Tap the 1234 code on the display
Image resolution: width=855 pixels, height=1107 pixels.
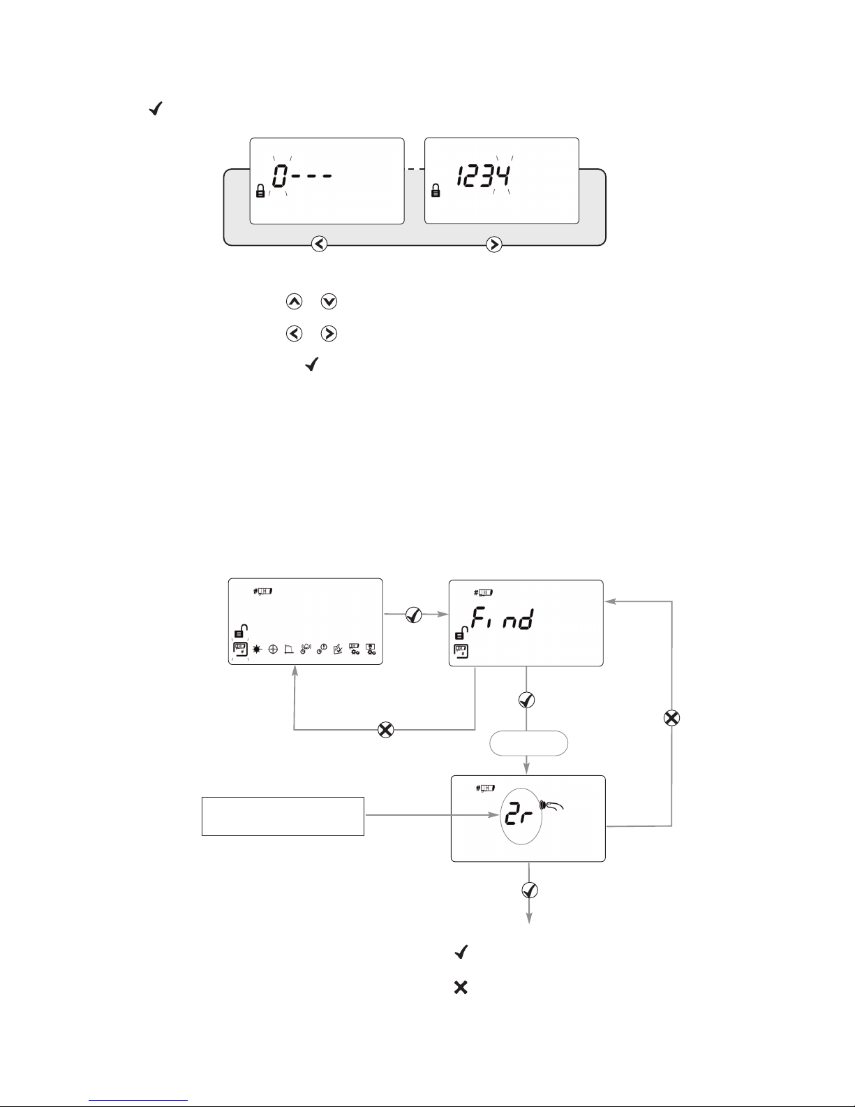coord(484,176)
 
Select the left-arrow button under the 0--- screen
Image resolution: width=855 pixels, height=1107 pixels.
coord(319,244)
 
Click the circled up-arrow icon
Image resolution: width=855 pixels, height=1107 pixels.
coord(294,302)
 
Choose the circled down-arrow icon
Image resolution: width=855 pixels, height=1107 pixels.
coord(329,302)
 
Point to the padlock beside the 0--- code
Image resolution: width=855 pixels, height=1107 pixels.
coord(260,191)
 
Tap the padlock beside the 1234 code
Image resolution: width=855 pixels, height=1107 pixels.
coord(436,191)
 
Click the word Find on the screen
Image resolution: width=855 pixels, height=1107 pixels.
coord(503,618)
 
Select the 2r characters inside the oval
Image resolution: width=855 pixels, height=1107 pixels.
coord(518,816)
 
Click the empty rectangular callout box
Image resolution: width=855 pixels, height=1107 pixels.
coord(283,816)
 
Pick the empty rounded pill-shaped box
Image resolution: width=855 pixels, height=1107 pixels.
coord(529,743)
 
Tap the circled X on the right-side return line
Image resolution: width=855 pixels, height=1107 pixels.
coord(671,718)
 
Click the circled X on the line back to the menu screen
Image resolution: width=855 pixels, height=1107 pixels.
coord(386,730)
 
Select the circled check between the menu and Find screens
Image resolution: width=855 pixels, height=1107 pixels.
coord(414,615)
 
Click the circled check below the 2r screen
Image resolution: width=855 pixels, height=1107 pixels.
coord(530,890)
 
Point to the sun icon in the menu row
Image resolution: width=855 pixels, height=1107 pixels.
coord(257,650)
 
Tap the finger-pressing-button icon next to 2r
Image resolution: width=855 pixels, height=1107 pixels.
coord(552,805)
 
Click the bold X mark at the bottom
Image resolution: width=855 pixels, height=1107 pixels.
coord(461,988)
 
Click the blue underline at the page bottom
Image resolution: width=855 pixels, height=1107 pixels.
coord(138,1099)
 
